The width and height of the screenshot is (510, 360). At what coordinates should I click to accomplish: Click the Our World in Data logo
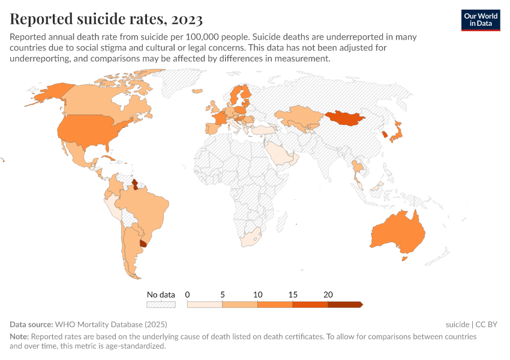(480, 20)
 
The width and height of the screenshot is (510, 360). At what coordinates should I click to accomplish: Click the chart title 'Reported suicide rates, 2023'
(106, 19)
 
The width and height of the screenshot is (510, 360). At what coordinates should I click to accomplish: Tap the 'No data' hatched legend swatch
(161, 305)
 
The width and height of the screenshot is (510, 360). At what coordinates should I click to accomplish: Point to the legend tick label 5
(223, 295)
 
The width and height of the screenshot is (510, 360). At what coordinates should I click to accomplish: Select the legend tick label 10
(258, 295)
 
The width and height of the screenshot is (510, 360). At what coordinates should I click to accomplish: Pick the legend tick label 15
(293, 295)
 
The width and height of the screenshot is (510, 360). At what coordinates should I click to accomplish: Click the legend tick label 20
(328, 295)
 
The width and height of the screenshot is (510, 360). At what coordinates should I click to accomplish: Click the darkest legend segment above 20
(344, 305)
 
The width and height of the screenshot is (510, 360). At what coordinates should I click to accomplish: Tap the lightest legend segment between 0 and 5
(205, 305)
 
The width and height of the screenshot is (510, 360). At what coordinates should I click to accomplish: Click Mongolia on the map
(345, 118)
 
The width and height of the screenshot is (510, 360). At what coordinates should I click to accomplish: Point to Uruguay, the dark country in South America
(143, 244)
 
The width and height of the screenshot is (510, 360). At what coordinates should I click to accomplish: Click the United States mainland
(90, 130)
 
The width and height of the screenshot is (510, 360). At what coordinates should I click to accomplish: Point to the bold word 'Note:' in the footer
(19, 337)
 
